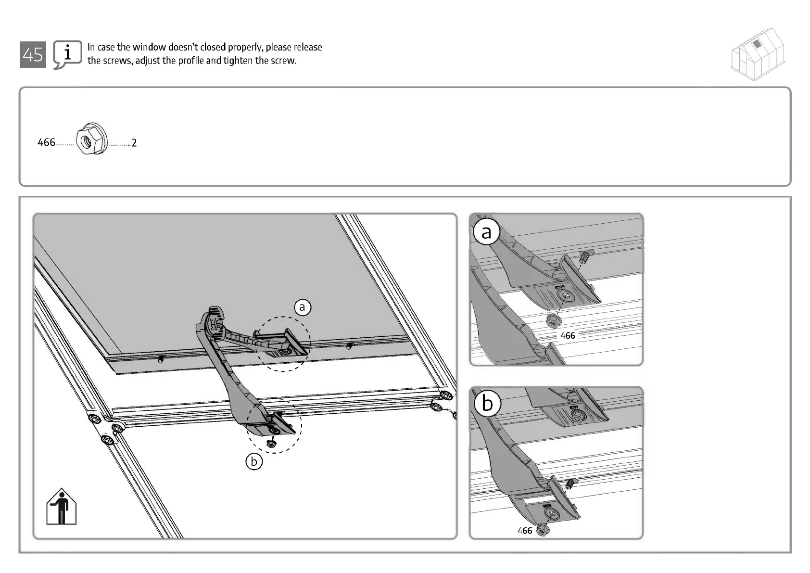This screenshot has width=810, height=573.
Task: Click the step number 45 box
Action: coord(33,54)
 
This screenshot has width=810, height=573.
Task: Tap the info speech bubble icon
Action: coord(67,54)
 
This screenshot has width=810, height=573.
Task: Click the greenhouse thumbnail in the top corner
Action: coord(758,54)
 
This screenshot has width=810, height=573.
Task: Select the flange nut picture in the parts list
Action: coord(91,140)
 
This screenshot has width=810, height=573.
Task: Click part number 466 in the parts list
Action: coord(46,142)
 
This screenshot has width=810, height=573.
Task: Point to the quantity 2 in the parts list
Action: coord(134,143)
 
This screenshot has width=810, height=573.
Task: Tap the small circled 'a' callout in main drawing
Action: coord(303,307)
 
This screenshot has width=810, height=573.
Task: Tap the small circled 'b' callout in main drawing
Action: coord(254,462)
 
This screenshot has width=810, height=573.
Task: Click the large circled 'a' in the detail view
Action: coord(487,232)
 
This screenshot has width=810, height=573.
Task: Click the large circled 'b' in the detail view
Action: coord(487,404)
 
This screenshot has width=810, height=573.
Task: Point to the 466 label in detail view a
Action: coord(568,335)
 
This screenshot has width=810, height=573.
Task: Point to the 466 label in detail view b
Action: coord(525,531)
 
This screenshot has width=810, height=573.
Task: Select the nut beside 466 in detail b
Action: coord(542,530)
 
